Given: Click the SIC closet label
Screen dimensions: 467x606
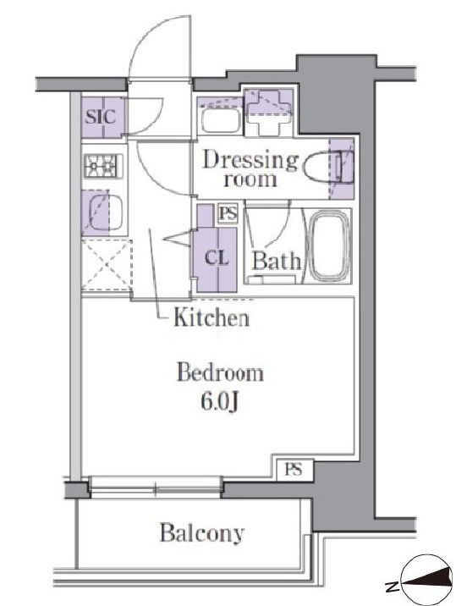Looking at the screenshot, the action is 101,116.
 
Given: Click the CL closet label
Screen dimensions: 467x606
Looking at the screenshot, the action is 217,257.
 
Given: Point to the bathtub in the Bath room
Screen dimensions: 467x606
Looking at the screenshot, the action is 330,245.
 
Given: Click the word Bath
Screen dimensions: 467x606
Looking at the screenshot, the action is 276,261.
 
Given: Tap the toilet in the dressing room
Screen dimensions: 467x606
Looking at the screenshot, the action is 328,168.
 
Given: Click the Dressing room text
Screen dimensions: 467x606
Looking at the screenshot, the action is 250,169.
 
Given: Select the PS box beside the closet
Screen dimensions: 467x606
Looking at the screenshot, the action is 228,213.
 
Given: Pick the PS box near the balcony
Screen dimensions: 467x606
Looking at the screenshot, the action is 294,469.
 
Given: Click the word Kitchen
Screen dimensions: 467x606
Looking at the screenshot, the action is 212,317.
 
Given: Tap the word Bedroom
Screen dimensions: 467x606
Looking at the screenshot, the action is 220,373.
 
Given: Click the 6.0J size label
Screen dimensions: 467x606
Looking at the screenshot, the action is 218,402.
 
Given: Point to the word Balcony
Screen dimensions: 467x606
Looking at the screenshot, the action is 202,533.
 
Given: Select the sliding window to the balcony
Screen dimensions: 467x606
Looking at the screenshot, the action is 156,487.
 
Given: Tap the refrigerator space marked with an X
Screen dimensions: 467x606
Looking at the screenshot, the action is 106,265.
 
